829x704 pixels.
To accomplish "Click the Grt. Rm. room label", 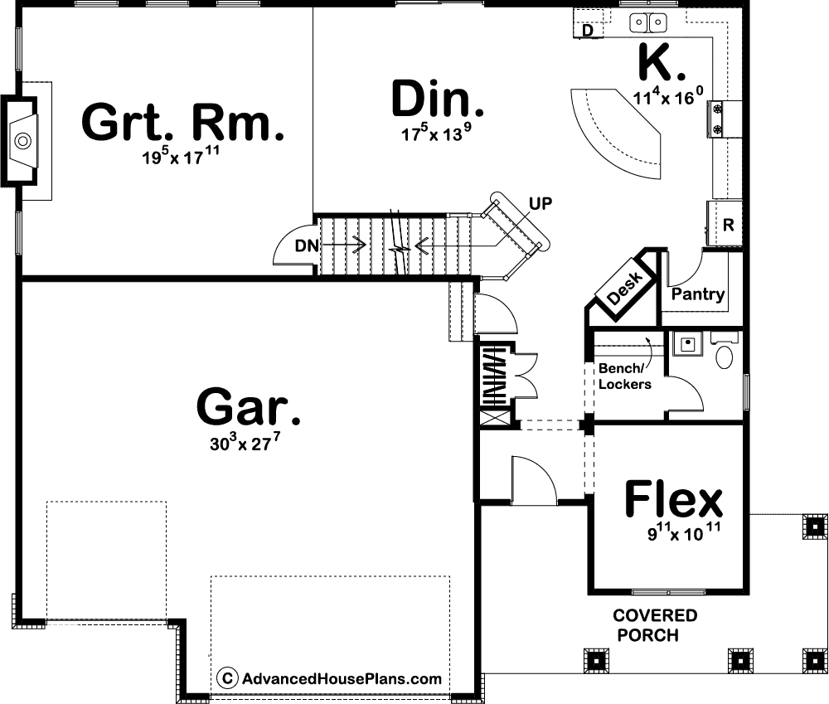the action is (x=183, y=122).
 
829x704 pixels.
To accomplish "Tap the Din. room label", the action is (x=438, y=99).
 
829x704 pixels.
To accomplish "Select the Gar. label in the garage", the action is (x=249, y=406).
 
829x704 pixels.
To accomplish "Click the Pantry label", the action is (x=698, y=294).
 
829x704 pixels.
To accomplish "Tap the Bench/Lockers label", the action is (x=624, y=376).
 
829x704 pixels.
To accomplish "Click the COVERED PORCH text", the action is (x=655, y=625).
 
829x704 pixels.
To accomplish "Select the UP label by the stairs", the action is (x=541, y=204).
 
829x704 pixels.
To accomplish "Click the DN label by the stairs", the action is (x=307, y=246).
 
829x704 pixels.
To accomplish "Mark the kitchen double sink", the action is (x=647, y=22).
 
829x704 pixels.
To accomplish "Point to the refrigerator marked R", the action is (x=725, y=224).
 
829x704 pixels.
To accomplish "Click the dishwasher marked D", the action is (x=588, y=30).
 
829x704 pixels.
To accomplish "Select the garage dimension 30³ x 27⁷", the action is (x=245, y=443).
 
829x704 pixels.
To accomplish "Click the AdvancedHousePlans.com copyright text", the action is (x=329, y=678).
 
